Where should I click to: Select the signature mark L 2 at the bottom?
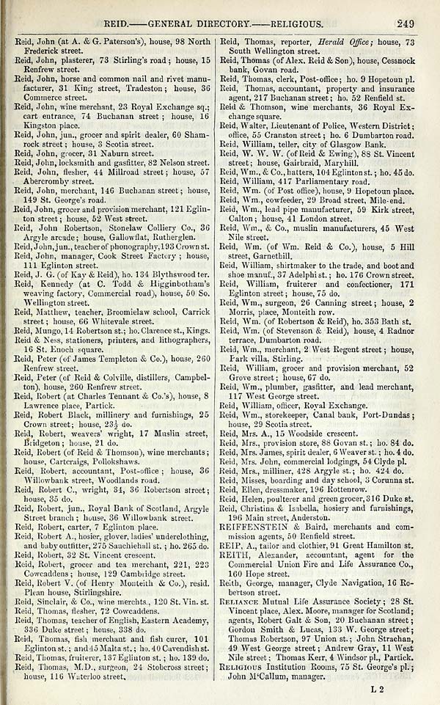click(377, 689)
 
